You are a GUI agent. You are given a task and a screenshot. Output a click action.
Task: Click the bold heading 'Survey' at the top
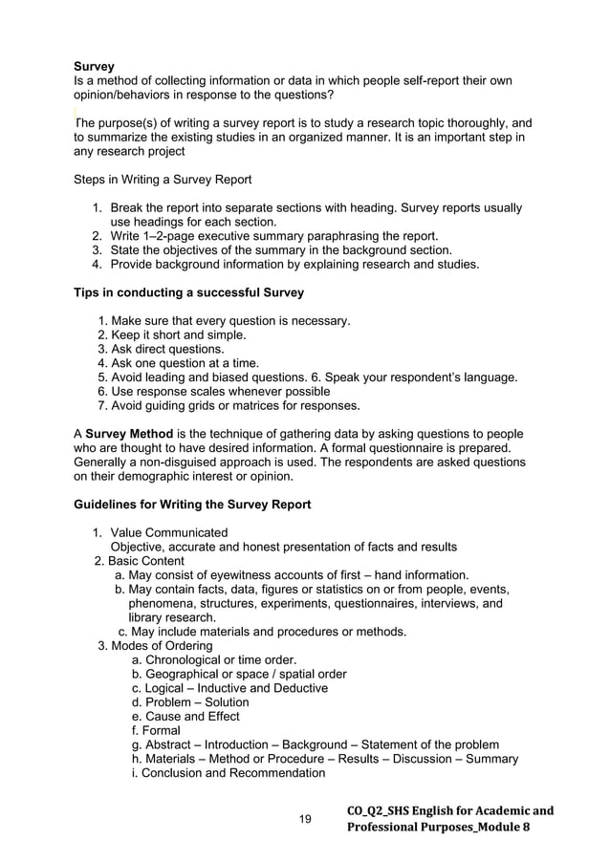pos(95,67)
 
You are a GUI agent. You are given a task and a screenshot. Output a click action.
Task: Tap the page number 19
pos(306,819)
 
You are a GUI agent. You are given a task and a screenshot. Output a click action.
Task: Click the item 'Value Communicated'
pos(169,532)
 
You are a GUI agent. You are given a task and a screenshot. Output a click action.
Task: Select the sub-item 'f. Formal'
pos(156,731)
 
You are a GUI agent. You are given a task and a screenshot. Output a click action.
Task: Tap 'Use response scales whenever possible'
pos(222,391)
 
